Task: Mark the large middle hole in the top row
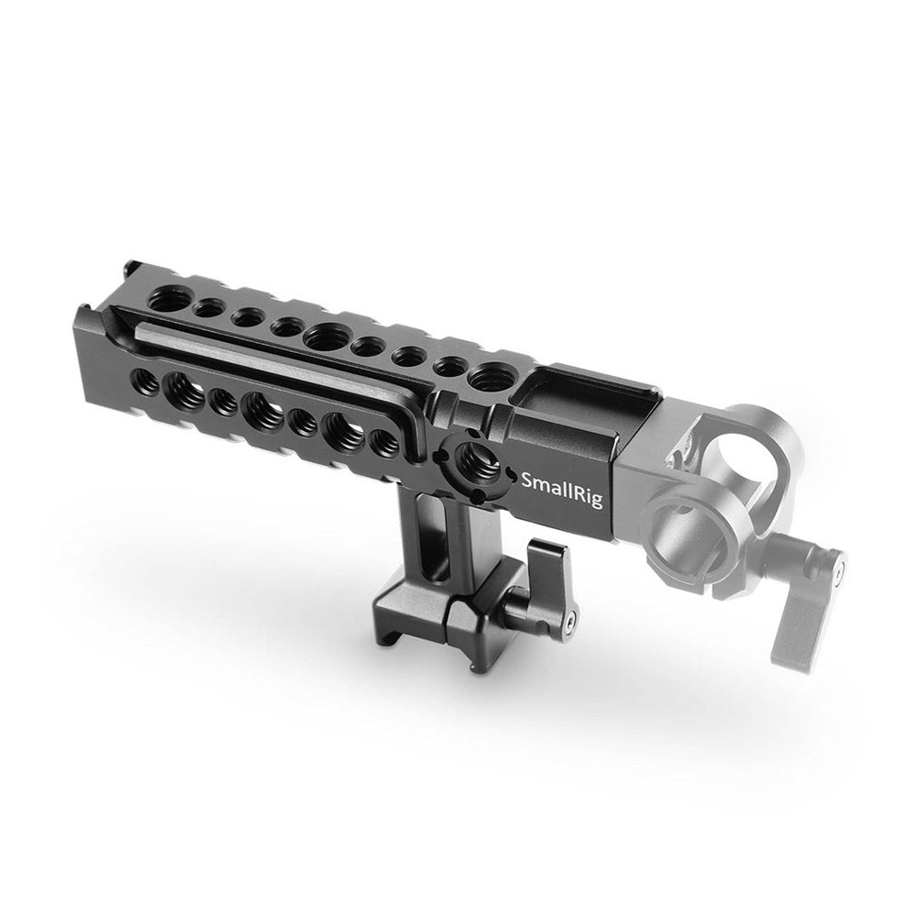tap(326, 338)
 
